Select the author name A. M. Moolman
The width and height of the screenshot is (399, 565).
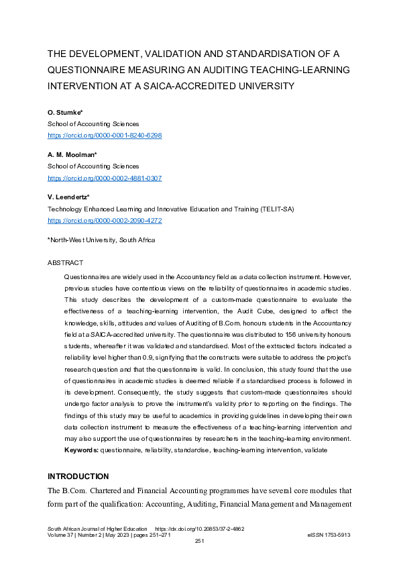pos(72,154)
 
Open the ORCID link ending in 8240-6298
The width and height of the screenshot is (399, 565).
pos(104,135)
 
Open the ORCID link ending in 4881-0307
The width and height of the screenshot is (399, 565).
pos(104,177)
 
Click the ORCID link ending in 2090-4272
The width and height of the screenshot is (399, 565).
pos(104,219)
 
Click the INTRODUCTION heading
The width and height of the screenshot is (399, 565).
pos(77,476)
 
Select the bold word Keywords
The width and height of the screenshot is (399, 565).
pos(80,450)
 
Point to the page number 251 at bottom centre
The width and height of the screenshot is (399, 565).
pos(199,541)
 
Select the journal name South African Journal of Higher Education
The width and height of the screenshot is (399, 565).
pos(97,528)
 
